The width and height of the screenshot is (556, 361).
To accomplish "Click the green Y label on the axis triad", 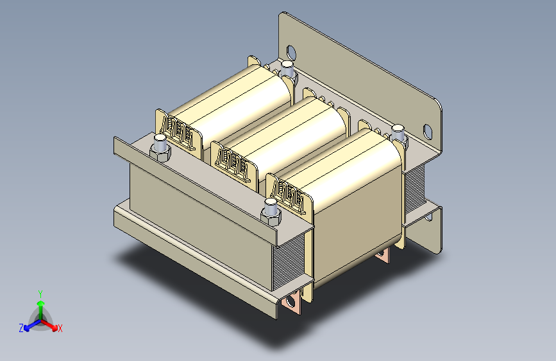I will tap(40, 293).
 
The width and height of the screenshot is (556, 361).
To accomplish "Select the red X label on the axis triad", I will tap(60, 328).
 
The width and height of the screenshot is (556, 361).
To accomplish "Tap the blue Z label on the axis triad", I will tap(21, 328).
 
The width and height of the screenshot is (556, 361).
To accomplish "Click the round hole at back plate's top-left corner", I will tap(292, 51).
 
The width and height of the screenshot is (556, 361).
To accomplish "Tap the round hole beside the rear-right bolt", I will tap(428, 132).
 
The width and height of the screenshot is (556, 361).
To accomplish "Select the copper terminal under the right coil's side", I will tap(383, 256).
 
